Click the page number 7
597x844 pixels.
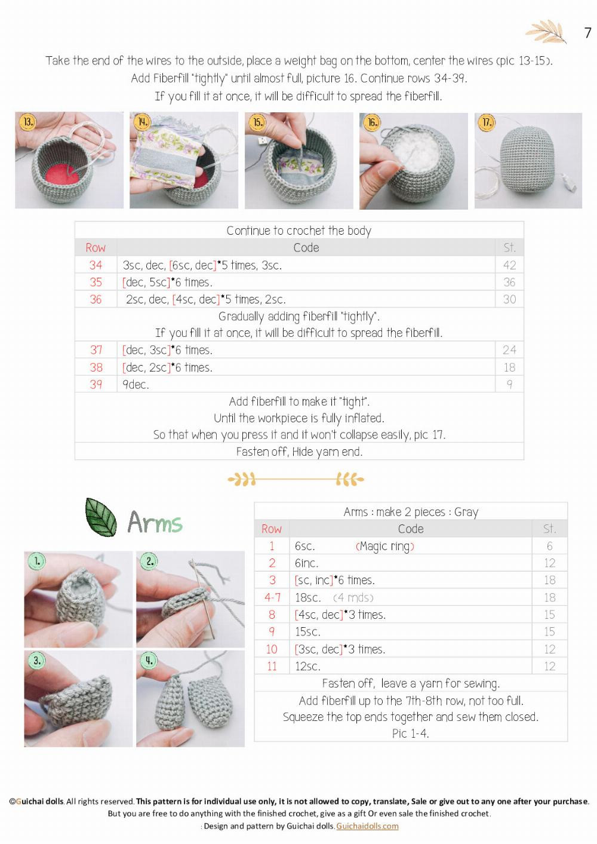[x=587, y=33]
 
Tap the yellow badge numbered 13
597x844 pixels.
[x=28, y=122]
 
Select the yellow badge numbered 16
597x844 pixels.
[x=373, y=122]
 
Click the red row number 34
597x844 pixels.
[x=96, y=265]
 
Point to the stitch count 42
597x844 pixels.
[x=509, y=265]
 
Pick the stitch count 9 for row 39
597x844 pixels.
[x=509, y=385]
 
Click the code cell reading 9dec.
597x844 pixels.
[x=136, y=385]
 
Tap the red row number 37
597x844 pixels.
[x=96, y=350]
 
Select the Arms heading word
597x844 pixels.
[x=155, y=523]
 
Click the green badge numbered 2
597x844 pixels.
[x=149, y=561]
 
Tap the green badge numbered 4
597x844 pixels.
[x=149, y=660]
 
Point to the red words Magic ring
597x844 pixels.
[x=384, y=547]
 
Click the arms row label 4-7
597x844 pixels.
[x=272, y=597]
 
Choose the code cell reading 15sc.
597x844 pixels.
[x=307, y=632]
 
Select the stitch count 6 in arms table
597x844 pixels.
[x=549, y=546]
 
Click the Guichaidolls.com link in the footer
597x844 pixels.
[x=367, y=826]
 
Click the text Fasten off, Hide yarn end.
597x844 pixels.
[x=299, y=452]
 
